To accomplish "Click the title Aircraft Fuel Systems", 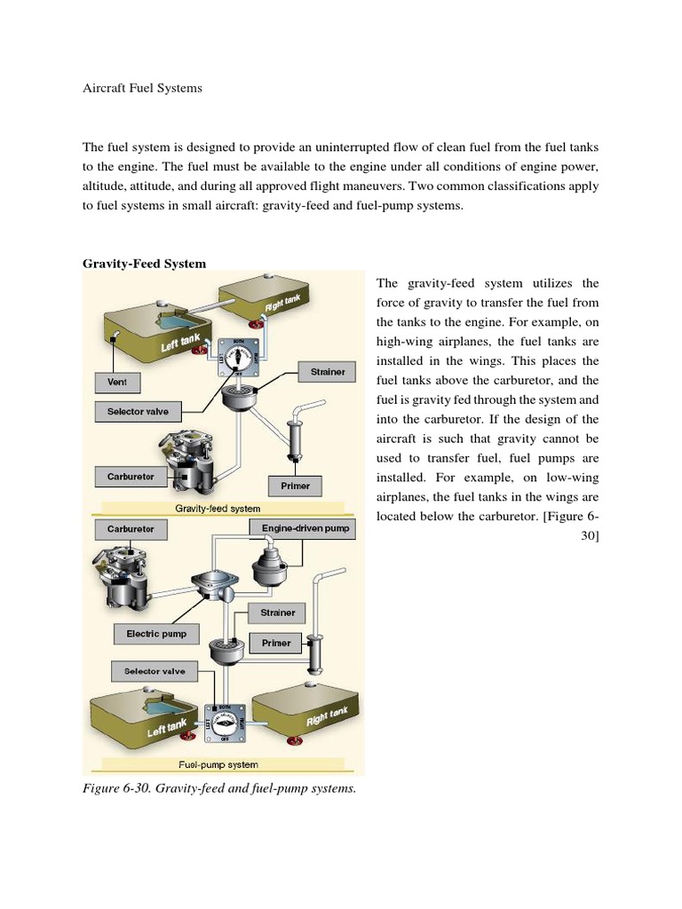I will [x=142, y=90].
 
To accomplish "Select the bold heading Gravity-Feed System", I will [x=144, y=264].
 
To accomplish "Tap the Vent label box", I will [x=117, y=382].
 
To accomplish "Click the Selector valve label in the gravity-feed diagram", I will [x=138, y=412].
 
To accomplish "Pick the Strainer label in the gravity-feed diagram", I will [x=328, y=372].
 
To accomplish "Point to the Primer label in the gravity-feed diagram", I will [x=295, y=486].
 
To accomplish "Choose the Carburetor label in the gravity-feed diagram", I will [x=131, y=477].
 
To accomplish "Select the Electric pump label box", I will [x=156, y=634].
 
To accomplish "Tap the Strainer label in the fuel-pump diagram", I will [x=277, y=613].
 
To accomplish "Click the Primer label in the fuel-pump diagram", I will [x=276, y=643].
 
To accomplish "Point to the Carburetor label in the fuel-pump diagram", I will [x=131, y=529].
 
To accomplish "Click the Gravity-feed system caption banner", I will [x=218, y=510].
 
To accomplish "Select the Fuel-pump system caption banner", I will [x=218, y=764].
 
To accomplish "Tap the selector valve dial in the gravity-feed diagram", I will [x=237, y=355].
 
